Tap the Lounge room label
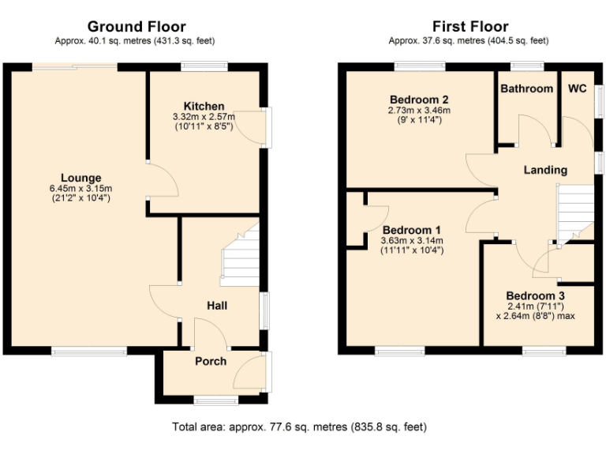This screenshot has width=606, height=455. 81,177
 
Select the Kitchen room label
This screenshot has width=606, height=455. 204,106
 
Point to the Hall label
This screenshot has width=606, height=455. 218,305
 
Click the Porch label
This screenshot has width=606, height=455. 211,361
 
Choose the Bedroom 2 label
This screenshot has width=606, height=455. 419,100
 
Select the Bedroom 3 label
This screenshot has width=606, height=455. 535,295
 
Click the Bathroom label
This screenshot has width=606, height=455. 526,88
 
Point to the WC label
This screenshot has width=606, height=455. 577,88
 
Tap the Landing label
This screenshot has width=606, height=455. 545,170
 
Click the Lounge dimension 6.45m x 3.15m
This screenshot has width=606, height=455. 81,188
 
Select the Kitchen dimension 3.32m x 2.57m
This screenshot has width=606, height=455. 204,116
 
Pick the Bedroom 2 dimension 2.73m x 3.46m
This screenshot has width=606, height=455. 419,111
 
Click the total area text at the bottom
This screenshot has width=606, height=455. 299,427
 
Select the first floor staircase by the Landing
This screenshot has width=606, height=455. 575,212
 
